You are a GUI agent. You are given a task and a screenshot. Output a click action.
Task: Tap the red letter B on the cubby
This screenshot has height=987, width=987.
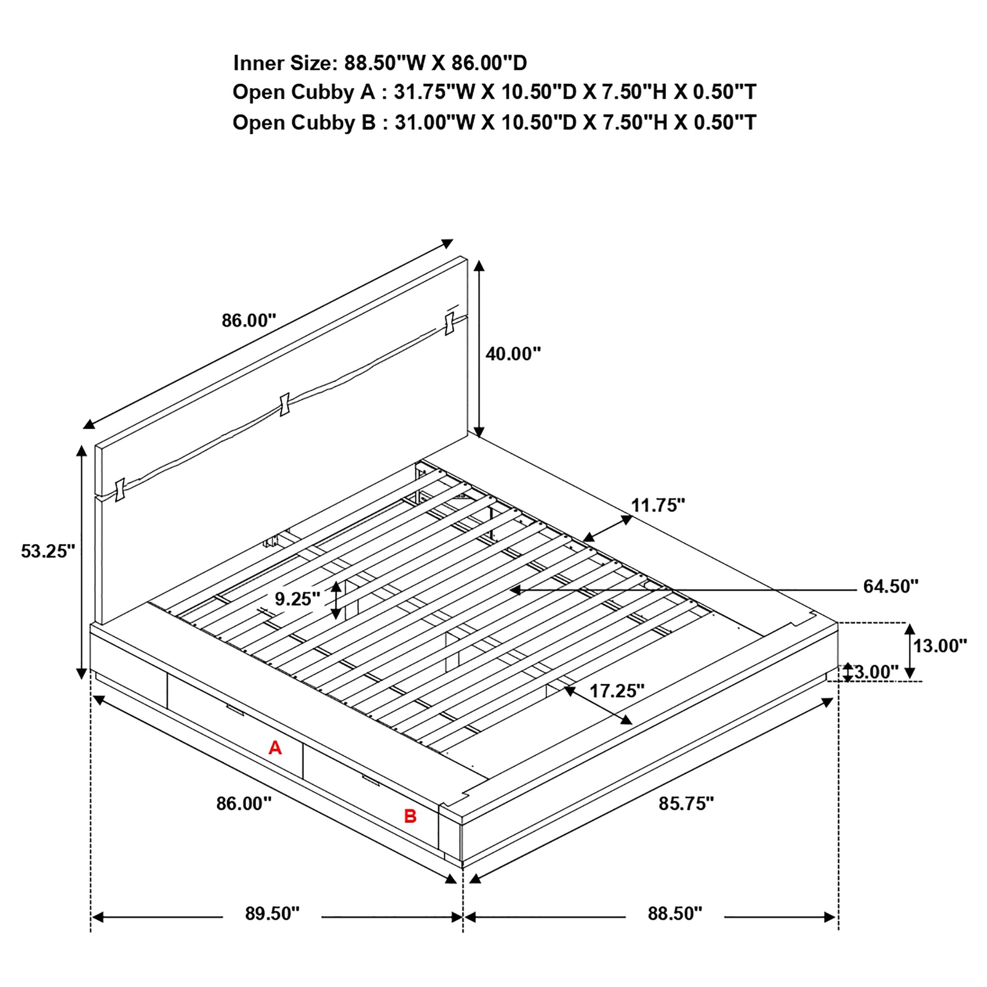click(410, 816)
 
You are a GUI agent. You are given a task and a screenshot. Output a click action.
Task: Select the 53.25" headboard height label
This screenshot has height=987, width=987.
click(47, 551)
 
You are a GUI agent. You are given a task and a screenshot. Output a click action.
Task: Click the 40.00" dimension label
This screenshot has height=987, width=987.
click(513, 353)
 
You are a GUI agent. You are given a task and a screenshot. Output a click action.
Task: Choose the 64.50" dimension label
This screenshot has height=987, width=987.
click(890, 586)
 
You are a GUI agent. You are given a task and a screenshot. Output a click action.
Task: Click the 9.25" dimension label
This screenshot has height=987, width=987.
click(297, 598)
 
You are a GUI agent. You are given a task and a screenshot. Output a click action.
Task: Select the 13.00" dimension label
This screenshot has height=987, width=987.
click(940, 646)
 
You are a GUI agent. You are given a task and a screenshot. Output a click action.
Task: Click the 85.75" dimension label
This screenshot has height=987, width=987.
click(686, 803)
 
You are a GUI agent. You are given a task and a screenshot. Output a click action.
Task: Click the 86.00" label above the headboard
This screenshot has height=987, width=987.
click(249, 320)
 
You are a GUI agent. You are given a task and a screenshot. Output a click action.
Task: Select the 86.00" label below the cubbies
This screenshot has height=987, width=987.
click(244, 803)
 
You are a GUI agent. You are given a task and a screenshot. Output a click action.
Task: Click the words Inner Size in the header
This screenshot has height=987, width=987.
click(284, 63)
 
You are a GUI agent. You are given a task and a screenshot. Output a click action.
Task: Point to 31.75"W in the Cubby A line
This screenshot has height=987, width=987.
click(435, 92)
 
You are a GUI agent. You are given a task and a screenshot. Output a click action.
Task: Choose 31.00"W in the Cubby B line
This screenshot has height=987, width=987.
click(435, 123)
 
